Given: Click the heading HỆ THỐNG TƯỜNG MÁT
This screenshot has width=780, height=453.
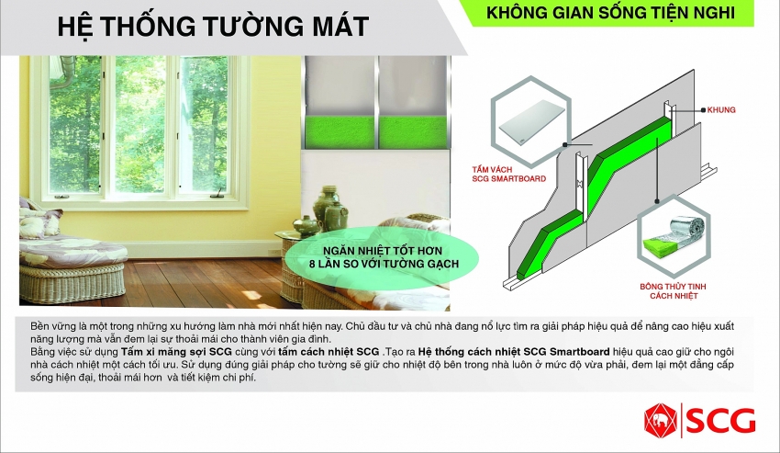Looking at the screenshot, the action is coord(213,27).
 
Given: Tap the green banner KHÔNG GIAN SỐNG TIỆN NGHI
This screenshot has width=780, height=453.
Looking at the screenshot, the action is coord(610,13).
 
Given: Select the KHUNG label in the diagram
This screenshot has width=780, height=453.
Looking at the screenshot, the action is coord(721,109).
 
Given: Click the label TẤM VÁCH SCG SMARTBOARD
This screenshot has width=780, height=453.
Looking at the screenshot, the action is coord(509,174).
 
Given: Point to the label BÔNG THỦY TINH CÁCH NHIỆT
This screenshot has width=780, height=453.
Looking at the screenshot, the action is coord(673,291).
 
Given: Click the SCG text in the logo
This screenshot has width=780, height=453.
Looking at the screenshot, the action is coord(722,421).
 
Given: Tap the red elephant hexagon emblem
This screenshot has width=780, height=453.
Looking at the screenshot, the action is coord(660,421).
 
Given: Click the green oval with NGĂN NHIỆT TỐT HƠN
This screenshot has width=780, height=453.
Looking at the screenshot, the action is coord(382,257).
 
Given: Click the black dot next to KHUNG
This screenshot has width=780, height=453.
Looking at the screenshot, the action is coord(703,110).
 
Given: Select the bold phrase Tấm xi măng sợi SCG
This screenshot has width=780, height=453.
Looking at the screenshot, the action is coord(176,352).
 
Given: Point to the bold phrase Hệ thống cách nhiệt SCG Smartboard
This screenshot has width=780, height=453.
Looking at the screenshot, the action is coord(514,352).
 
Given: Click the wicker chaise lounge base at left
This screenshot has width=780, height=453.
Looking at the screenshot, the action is coord(72,283).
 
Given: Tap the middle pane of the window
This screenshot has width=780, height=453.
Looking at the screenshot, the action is coord(139,125).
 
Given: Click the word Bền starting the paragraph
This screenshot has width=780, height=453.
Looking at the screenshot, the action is coord(40,326).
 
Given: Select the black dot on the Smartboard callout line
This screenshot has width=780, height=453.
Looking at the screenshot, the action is coord(565,144).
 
